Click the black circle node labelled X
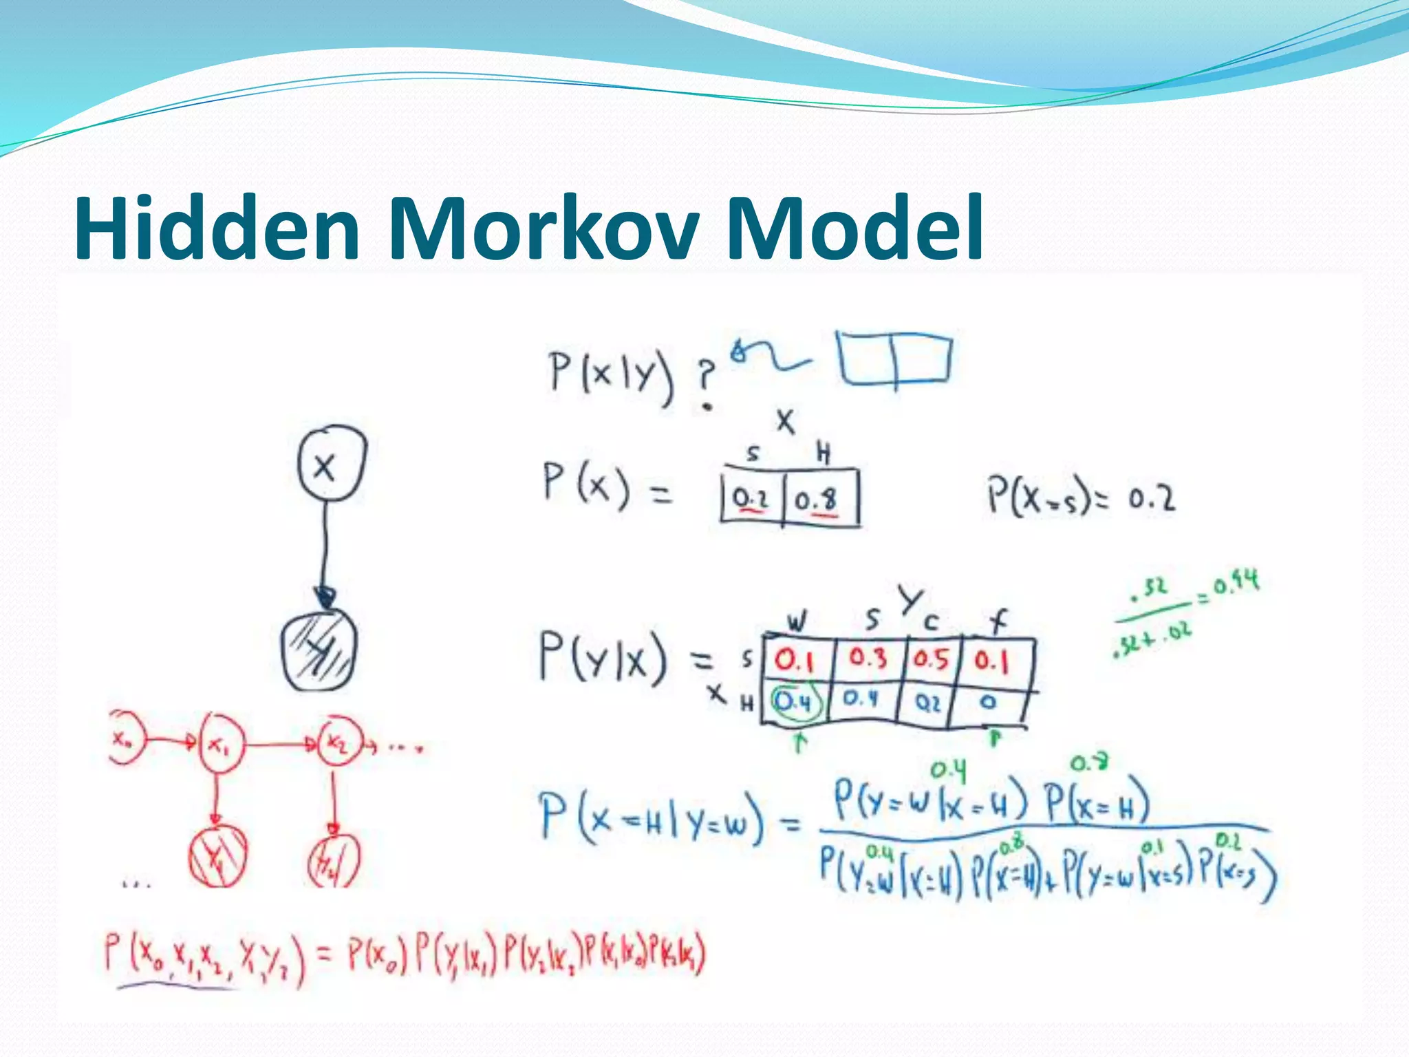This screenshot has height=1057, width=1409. tap(332, 463)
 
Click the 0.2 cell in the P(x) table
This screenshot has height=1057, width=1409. tap(750, 498)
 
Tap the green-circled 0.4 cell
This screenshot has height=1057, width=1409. tap(795, 702)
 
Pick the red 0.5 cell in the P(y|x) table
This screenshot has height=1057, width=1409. tap(931, 659)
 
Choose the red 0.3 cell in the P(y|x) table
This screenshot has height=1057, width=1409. tap(868, 658)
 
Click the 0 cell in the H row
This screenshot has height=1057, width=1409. tap(988, 702)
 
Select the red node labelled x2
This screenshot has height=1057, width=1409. tap(338, 743)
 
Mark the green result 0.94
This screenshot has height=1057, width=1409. tap(1236, 584)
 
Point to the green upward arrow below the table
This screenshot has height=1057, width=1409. tap(799, 743)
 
